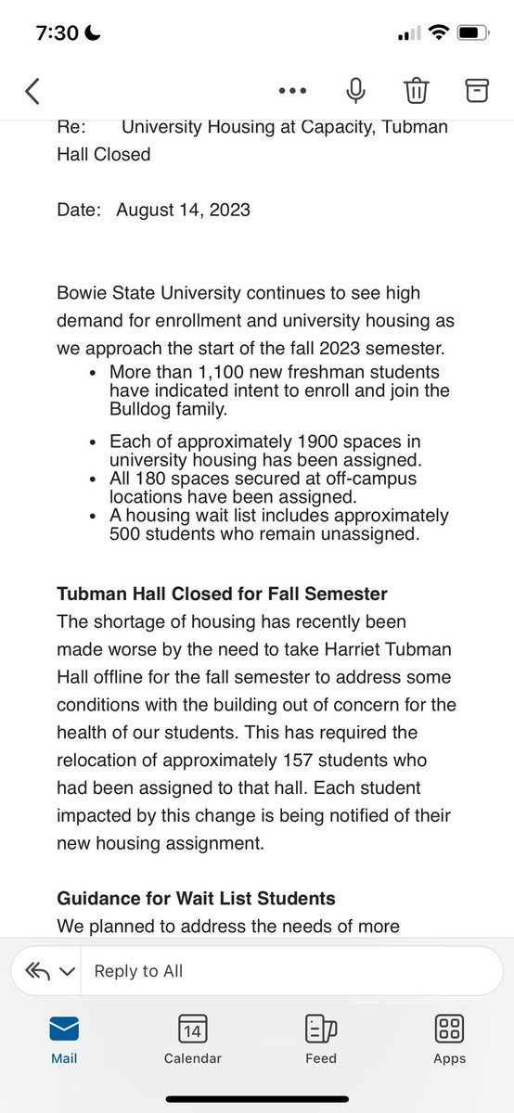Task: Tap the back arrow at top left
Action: click(x=32, y=90)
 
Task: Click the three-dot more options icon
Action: click(x=292, y=91)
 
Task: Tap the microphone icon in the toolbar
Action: click(x=354, y=90)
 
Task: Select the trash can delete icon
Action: click(x=417, y=90)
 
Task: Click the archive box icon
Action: click(x=476, y=90)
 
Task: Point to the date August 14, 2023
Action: click(x=183, y=210)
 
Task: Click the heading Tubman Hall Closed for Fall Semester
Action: click(x=222, y=594)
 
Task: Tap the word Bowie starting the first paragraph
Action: click(x=81, y=293)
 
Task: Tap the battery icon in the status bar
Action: click(x=470, y=33)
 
